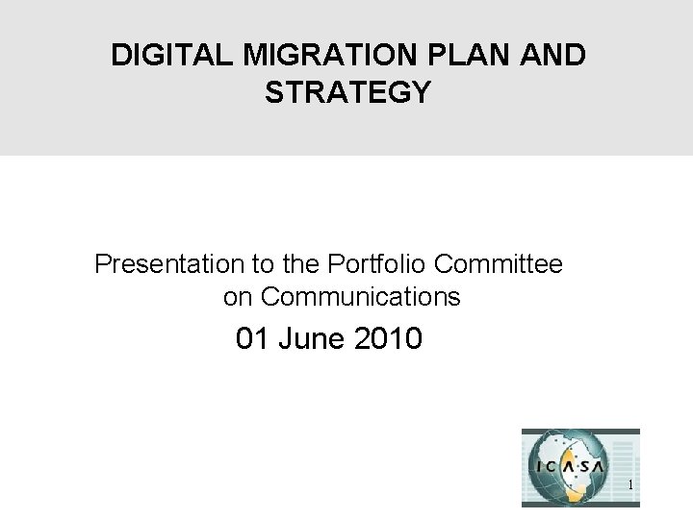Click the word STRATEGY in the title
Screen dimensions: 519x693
(347, 93)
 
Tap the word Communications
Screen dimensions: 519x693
(361, 298)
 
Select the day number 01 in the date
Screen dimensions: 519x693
(253, 339)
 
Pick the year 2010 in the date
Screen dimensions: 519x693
(389, 339)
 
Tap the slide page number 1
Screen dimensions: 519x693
(629, 486)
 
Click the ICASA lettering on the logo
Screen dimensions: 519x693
(569, 467)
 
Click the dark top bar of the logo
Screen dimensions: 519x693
(580, 432)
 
